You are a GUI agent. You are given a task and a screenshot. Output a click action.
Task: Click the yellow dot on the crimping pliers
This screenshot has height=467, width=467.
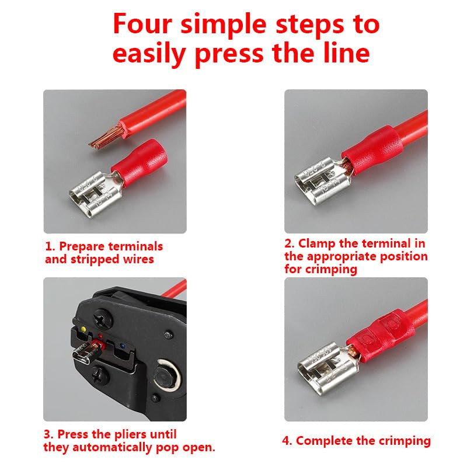click(83, 329)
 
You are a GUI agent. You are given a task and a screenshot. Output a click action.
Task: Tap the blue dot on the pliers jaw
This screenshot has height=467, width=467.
click(122, 346)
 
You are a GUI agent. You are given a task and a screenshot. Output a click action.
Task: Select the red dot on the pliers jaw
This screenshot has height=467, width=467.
click(100, 337)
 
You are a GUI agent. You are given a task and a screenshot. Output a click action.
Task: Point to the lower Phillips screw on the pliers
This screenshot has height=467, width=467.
click(101, 376)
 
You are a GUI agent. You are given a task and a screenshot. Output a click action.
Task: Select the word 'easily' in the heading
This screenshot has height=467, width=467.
click(149, 54)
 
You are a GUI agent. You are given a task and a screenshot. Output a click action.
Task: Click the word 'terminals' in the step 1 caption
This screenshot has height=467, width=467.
click(135, 246)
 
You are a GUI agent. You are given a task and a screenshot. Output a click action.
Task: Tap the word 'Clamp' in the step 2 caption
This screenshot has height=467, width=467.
click(317, 244)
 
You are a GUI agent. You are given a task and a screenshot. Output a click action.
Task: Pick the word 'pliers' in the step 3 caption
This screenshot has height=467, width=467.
click(130, 434)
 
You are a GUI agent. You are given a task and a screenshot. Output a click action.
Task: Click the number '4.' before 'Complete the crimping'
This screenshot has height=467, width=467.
click(287, 441)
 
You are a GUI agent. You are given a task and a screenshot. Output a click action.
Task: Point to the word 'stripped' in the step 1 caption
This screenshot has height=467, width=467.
click(95, 259)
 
